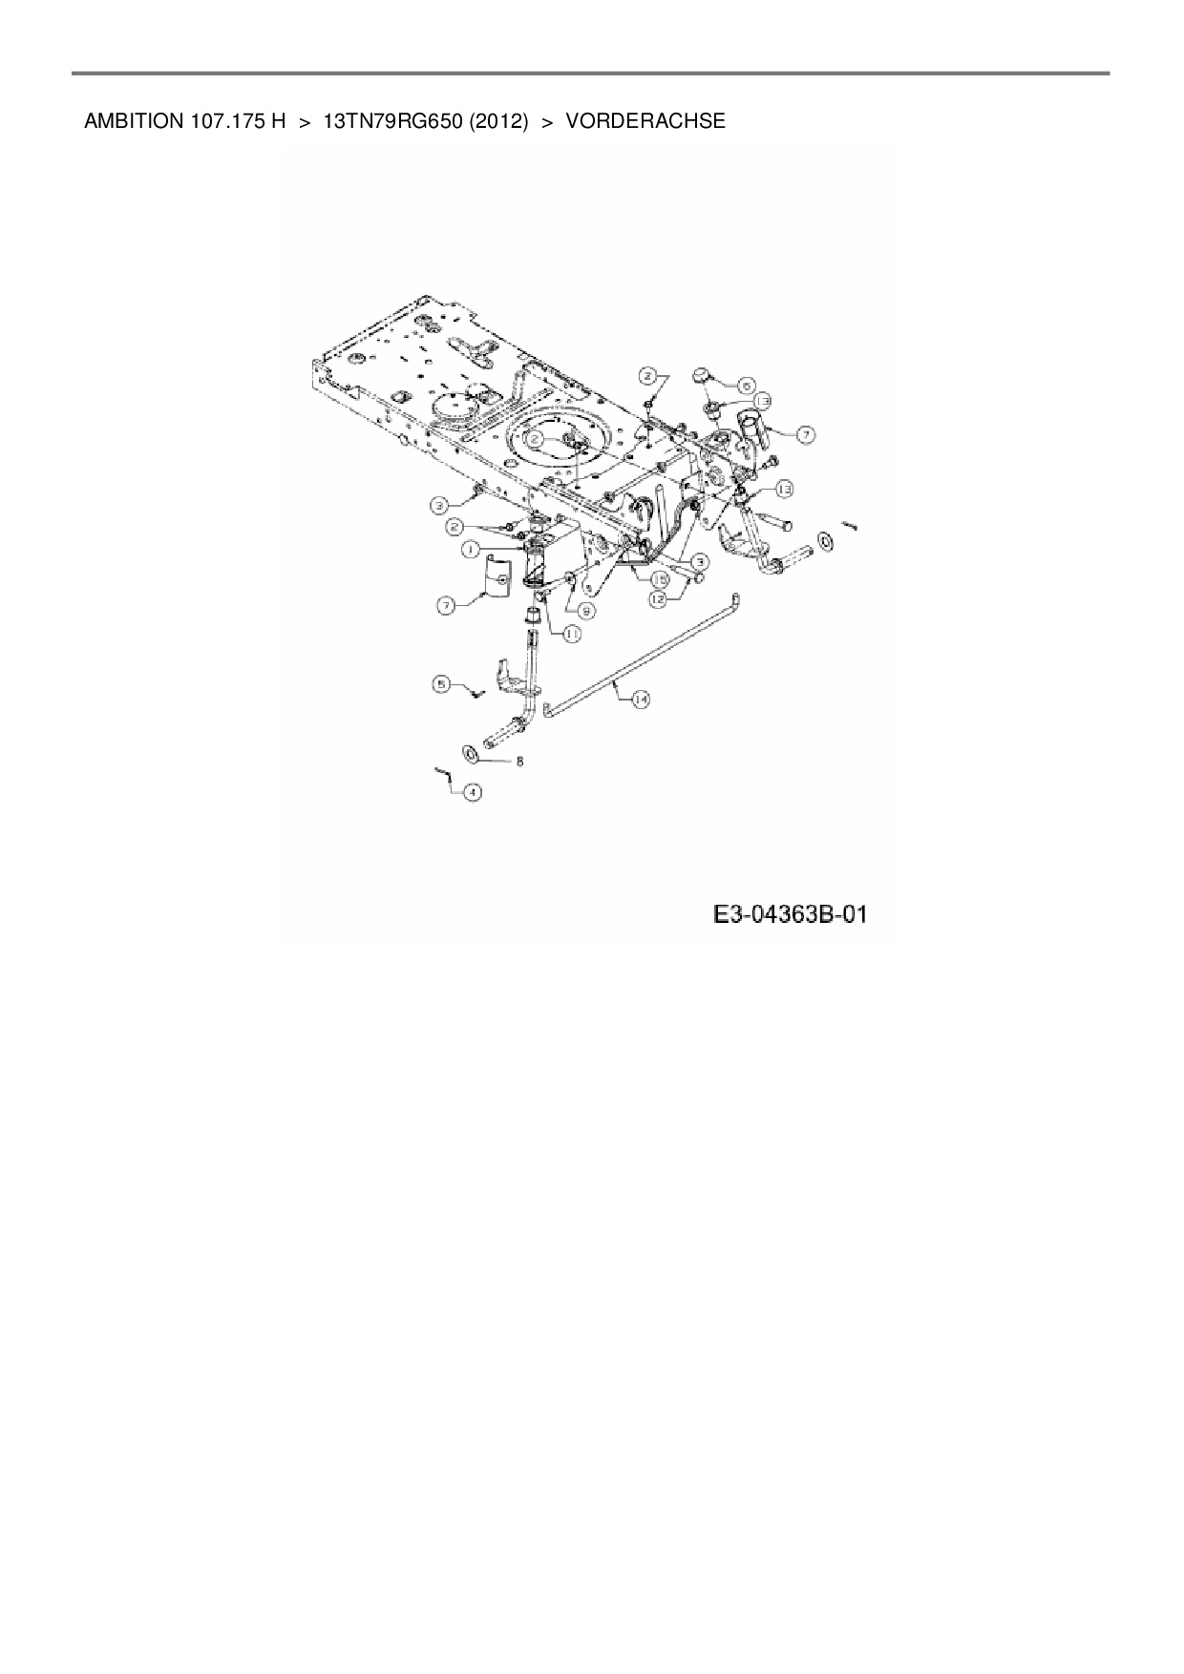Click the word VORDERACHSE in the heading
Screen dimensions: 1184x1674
coord(645,122)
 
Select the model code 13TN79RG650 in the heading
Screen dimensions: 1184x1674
coord(392,122)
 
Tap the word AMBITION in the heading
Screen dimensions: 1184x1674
coord(129,122)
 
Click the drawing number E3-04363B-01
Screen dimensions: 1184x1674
coord(790,914)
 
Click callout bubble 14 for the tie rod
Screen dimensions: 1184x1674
coord(640,700)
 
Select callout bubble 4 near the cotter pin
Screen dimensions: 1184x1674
coord(472,791)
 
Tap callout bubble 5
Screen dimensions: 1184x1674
coord(440,683)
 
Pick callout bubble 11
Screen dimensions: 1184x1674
coord(572,632)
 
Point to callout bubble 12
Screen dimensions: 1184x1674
coord(659,599)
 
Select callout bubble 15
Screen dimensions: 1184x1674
coord(659,578)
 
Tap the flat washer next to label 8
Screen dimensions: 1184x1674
coord(472,754)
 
